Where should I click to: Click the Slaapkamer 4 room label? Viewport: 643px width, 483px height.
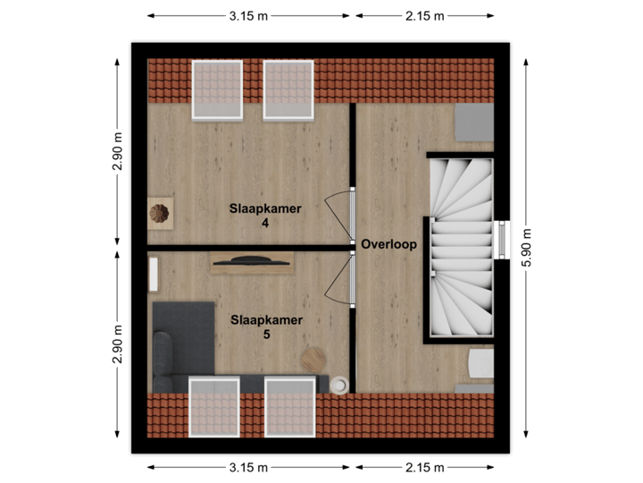coord(266,216)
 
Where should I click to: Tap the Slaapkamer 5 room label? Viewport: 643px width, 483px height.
coord(266,326)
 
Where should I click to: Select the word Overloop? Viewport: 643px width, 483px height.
coord(388,244)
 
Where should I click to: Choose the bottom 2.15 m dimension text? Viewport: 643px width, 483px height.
coord(424,467)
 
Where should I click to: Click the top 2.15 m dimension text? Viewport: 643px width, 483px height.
coord(424,15)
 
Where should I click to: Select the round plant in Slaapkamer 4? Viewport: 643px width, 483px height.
coord(160,213)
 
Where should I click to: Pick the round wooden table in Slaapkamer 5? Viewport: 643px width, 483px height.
coord(313,360)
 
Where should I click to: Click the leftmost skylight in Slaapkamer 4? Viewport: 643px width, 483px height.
coord(217,89)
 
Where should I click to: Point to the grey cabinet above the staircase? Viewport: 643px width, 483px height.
coord(473,123)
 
